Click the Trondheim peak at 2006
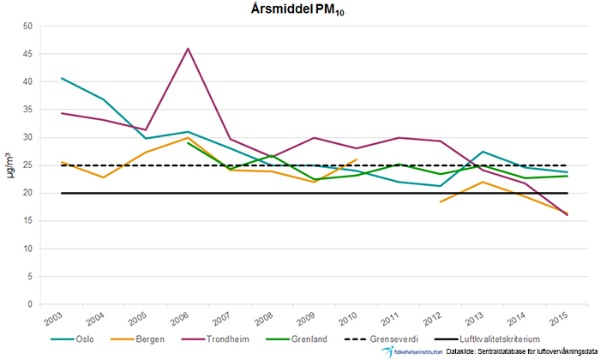click(x=188, y=48)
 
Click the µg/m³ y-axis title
click(x=10, y=165)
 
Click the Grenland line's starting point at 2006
click(x=188, y=142)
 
